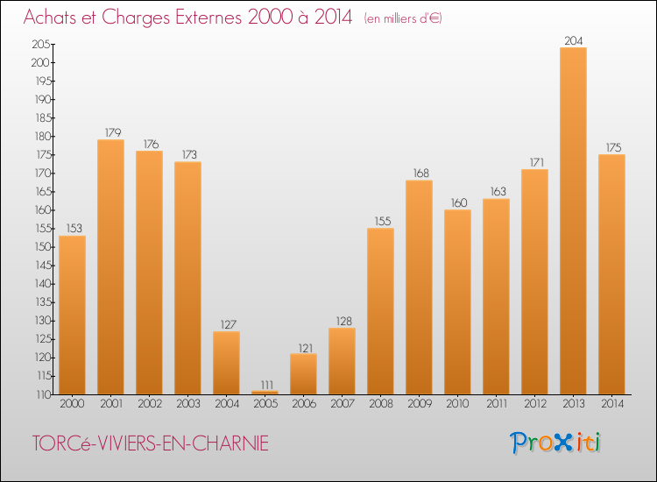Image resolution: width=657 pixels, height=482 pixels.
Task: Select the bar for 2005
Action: pyautogui.click(x=265, y=392)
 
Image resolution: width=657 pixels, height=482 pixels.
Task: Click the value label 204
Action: pyautogui.click(x=573, y=40)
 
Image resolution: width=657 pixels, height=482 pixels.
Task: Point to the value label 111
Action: pyautogui.click(x=265, y=384)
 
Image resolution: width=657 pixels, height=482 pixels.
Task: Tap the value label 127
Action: pyautogui.click(x=226, y=324)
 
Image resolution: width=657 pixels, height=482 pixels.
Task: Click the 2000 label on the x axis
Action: pyautogui.click(x=72, y=403)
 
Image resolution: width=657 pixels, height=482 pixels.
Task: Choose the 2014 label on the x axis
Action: pyautogui.click(x=611, y=403)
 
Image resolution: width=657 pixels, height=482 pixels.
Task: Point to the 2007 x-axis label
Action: pyautogui.click(x=342, y=403)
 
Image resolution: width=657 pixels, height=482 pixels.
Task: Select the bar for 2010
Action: pyautogui.click(x=457, y=301)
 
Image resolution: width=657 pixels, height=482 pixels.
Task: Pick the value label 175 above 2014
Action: pyautogui.click(x=611, y=147)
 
